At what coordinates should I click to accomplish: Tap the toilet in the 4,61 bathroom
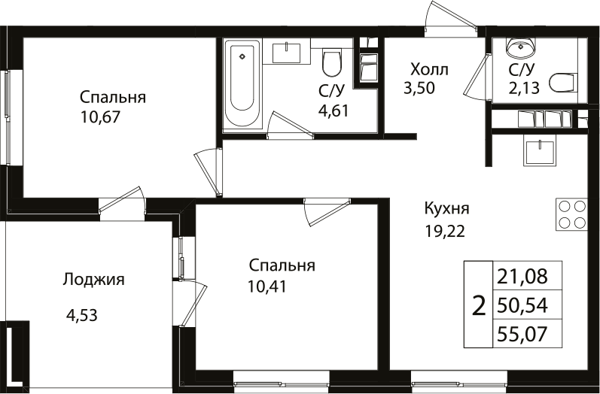click(x=331, y=63)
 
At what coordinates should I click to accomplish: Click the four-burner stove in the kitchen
click(x=571, y=214)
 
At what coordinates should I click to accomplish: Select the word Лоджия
click(x=93, y=280)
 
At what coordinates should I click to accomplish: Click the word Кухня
click(x=447, y=208)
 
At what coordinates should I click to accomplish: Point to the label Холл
click(x=428, y=70)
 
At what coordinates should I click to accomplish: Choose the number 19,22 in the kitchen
click(x=445, y=231)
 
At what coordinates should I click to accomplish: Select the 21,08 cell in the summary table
click(x=528, y=277)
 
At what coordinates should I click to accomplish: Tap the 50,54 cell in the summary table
click(x=528, y=305)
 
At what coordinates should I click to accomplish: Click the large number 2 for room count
click(x=477, y=305)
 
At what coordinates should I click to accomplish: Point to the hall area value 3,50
click(x=419, y=87)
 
